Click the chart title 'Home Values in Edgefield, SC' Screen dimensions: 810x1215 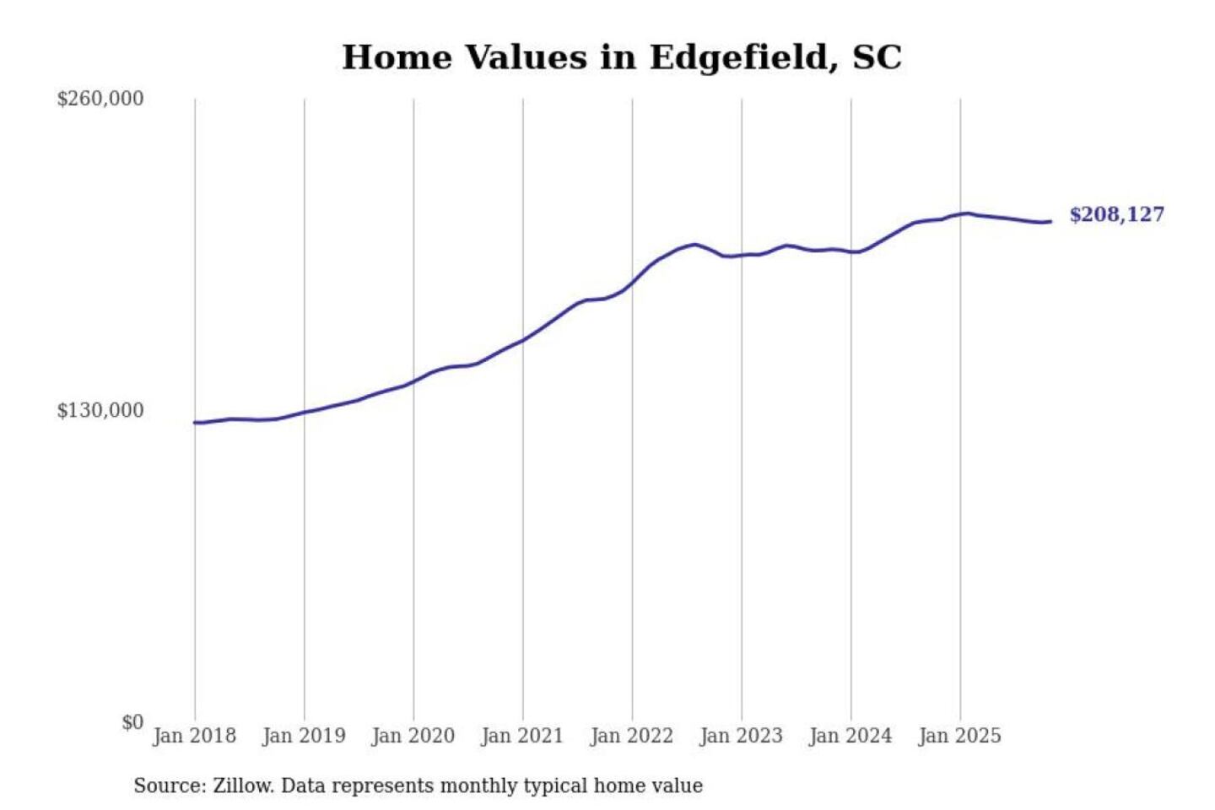pyautogui.click(x=622, y=57)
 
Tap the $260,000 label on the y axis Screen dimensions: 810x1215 pyautogui.click(x=100, y=99)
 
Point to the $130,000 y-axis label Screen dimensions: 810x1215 pyautogui.click(x=100, y=410)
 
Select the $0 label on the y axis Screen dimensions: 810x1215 pyautogui.click(x=132, y=722)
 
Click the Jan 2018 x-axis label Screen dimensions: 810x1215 pyautogui.click(x=194, y=736)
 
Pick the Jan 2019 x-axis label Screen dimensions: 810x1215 pyautogui.click(x=304, y=736)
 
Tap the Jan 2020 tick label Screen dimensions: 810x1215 pyautogui.click(x=413, y=736)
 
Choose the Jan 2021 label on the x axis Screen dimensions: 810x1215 pyautogui.click(x=522, y=736)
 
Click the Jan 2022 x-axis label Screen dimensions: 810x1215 pyautogui.click(x=632, y=736)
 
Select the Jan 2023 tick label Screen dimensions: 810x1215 pyautogui.click(x=741, y=736)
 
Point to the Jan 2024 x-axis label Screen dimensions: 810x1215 pyautogui.click(x=850, y=736)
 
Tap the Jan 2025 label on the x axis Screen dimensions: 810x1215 pyautogui.click(x=959, y=736)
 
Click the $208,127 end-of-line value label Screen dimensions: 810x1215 pyautogui.click(x=1116, y=214)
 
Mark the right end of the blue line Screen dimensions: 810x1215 pyautogui.click(x=1050, y=222)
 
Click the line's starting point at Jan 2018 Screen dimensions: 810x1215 pyautogui.click(x=195, y=422)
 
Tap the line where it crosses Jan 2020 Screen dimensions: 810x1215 pyautogui.click(x=413, y=381)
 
